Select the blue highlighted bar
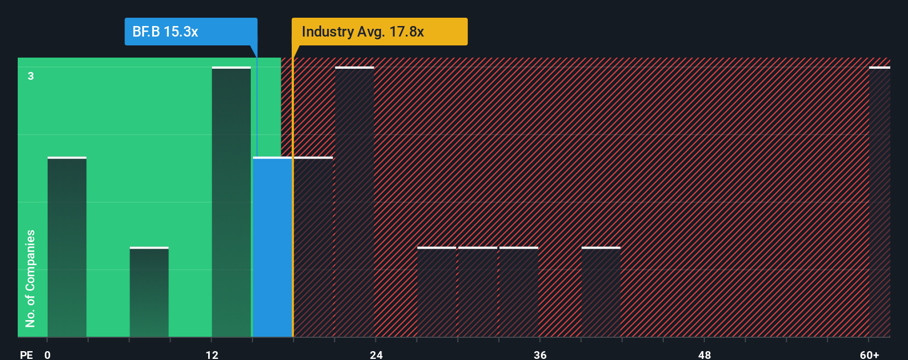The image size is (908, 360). (x=272, y=248)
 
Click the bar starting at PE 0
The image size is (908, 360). (x=67, y=248)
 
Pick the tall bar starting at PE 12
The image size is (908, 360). (x=231, y=202)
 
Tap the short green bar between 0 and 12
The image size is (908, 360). (x=149, y=292)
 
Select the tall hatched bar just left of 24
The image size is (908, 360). (x=354, y=202)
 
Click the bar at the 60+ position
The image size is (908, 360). (x=879, y=202)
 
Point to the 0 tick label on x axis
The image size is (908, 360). (x=48, y=354)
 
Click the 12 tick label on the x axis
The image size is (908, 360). (x=212, y=354)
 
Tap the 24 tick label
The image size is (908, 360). (x=376, y=354)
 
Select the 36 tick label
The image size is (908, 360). (x=540, y=354)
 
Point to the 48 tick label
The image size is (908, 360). (x=704, y=354)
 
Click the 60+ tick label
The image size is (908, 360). (x=869, y=354)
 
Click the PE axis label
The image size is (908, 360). (x=26, y=354)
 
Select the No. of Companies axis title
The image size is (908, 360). (x=30, y=278)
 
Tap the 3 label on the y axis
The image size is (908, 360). (x=31, y=76)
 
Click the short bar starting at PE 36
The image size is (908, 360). (x=519, y=292)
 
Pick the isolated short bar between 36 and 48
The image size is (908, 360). (x=601, y=292)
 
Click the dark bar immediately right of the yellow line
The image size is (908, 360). (x=313, y=248)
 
